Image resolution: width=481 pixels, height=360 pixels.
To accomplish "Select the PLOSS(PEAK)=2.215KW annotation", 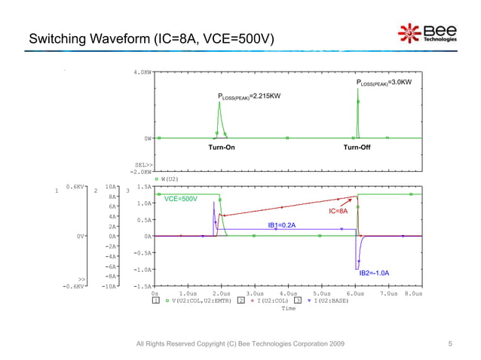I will click(x=249, y=96).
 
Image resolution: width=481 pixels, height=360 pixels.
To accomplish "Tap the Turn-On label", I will click(x=222, y=148).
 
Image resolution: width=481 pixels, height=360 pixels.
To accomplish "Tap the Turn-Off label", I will click(x=357, y=148).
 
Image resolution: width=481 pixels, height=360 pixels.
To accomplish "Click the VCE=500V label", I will click(x=180, y=199).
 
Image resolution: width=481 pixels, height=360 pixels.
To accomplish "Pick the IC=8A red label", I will click(x=338, y=212).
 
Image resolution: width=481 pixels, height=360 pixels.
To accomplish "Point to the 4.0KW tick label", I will click(x=142, y=72).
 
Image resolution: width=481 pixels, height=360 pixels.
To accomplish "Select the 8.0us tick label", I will click(x=412, y=294).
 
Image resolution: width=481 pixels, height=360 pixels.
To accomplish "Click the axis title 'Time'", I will click(x=289, y=308).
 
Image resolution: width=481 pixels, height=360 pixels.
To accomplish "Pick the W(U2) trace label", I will click(x=169, y=179).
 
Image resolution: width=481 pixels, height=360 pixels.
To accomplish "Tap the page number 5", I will click(x=450, y=343).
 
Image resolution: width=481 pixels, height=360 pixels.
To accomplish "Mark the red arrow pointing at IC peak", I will click(x=348, y=201).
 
